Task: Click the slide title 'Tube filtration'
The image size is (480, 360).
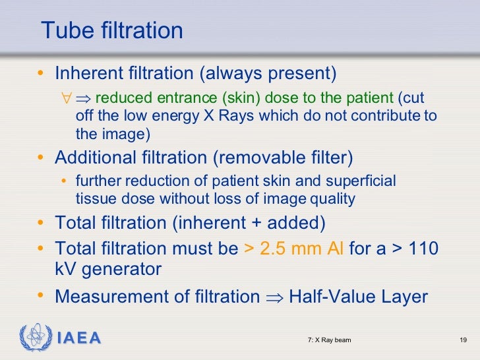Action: tap(111, 31)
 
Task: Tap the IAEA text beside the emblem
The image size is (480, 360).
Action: tap(78, 339)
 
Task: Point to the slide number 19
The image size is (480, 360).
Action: tap(463, 340)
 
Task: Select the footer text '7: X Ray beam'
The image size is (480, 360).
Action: tap(329, 340)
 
